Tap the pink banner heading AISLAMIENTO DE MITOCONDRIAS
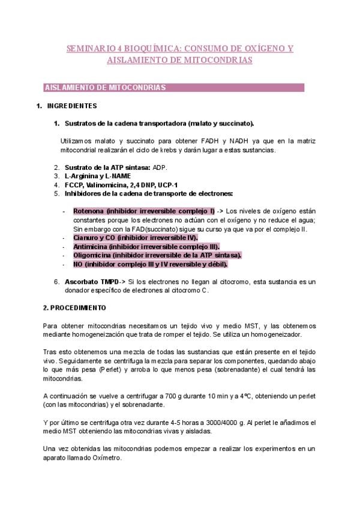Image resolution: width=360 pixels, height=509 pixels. (x=106, y=88)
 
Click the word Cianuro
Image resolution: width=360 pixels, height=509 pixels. (x=86, y=237)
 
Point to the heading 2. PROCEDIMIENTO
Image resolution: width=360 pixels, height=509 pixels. (x=74, y=307)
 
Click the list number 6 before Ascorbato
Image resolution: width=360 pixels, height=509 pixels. (x=56, y=282)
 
